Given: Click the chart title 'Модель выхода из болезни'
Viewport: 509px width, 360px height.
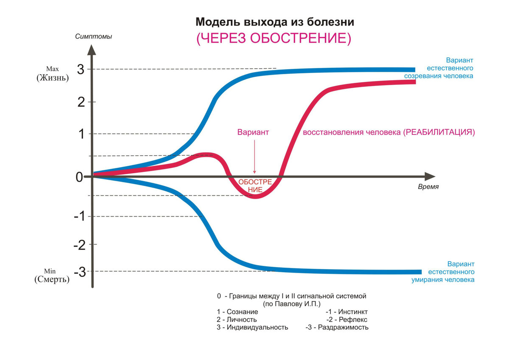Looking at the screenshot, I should pos(274,22).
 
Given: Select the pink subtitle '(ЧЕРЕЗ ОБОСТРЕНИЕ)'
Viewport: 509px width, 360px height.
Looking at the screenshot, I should pos(274,38).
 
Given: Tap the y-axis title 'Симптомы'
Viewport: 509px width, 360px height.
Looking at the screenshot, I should pos(93,36).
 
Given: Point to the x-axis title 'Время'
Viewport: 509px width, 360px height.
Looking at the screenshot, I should pos(428,187).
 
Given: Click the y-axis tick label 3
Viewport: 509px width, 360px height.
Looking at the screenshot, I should pos(81,70).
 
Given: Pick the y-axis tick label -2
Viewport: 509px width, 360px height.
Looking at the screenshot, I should pos(79,245).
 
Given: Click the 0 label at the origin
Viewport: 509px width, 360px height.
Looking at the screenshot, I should pos(79,177).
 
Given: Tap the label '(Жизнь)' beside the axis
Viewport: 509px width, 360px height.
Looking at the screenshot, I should pos(53,78).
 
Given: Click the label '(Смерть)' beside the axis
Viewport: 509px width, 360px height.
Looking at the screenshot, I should pos(52,280).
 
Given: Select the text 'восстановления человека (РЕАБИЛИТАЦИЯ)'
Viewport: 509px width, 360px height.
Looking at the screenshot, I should pos(389,132).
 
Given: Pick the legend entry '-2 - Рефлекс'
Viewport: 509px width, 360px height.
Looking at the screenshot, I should pos(347,319).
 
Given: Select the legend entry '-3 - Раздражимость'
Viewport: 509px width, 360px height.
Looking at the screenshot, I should pos(337,327).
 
